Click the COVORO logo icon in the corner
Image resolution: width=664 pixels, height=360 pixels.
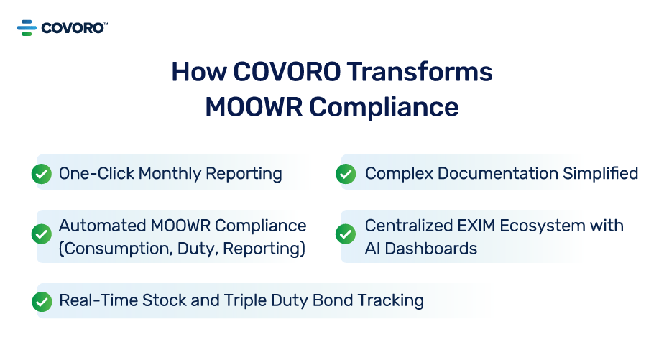pos(27,28)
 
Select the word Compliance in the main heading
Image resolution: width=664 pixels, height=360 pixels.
pos(384,106)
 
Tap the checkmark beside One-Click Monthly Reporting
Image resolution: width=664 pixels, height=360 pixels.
pos(42,174)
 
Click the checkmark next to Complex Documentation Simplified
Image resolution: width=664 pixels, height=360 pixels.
pos(346,174)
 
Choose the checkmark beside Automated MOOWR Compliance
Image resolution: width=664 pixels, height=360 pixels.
pos(42,234)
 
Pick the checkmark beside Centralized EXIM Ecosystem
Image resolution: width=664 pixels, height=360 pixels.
pos(346,234)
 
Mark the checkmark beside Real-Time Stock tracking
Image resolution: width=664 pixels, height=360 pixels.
pos(42,301)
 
